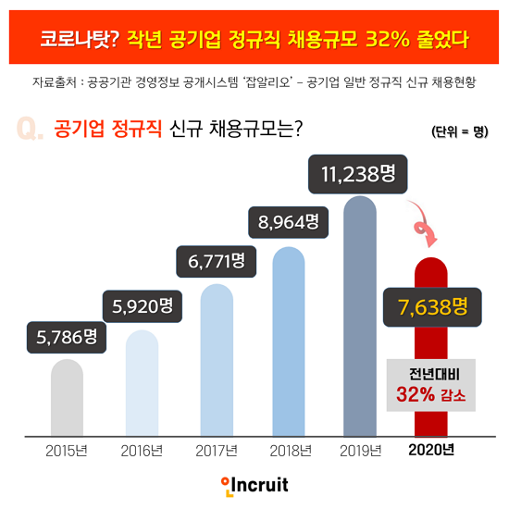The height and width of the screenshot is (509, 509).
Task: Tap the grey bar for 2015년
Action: [x=67, y=398]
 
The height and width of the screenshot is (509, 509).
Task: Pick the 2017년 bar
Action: [x=216, y=370]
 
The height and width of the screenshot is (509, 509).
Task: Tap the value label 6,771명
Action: [x=216, y=262]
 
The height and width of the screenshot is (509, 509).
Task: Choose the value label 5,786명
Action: [x=67, y=337]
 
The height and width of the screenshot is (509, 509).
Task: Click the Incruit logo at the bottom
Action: [x=254, y=484]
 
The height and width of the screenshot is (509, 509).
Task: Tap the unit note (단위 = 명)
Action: [x=459, y=130]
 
